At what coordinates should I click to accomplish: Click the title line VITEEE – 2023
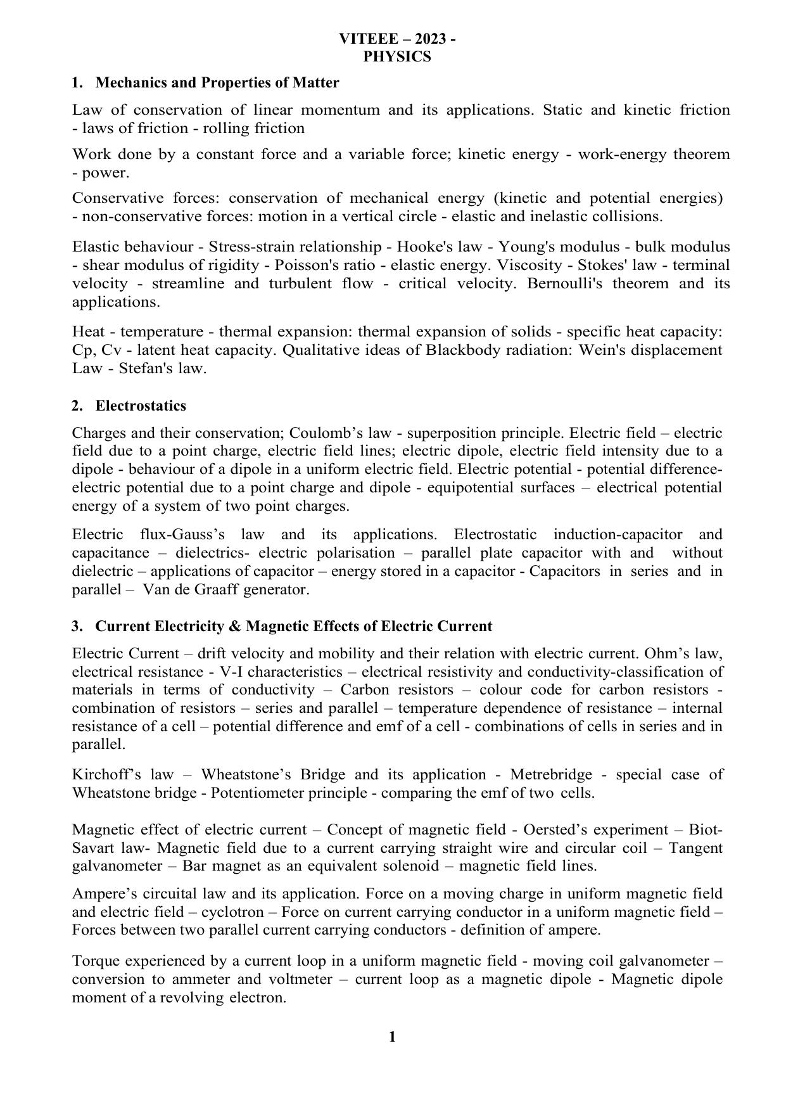coord(396,39)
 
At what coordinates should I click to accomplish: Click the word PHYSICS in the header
coord(397,57)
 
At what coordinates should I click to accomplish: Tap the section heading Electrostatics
coord(141,406)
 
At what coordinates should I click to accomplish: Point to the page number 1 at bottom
coord(392,1037)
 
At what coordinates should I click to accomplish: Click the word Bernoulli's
coord(576,283)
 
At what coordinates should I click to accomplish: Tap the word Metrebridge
coord(550,775)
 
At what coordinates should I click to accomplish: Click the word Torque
coord(95,961)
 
